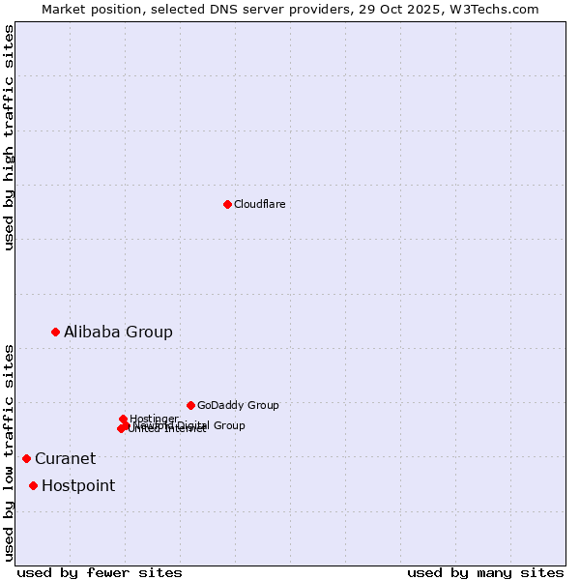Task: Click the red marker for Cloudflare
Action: [x=227, y=204]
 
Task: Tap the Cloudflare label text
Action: [x=259, y=204]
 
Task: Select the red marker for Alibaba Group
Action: [x=55, y=332]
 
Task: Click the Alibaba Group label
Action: [x=118, y=332]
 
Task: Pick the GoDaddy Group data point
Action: [x=190, y=405]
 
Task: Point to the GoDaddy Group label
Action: [x=238, y=405]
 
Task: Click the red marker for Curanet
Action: [x=26, y=458]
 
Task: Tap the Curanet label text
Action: [x=65, y=458]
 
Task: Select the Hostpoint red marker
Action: [x=33, y=485]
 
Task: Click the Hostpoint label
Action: [x=77, y=485]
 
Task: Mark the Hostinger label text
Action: [x=154, y=419]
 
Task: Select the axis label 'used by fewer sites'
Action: [x=100, y=572]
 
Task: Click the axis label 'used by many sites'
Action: [x=485, y=572]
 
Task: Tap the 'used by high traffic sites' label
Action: [x=9, y=138]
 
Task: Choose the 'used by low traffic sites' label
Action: [x=9, y=452]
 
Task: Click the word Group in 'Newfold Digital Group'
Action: [x=229, y=425]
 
